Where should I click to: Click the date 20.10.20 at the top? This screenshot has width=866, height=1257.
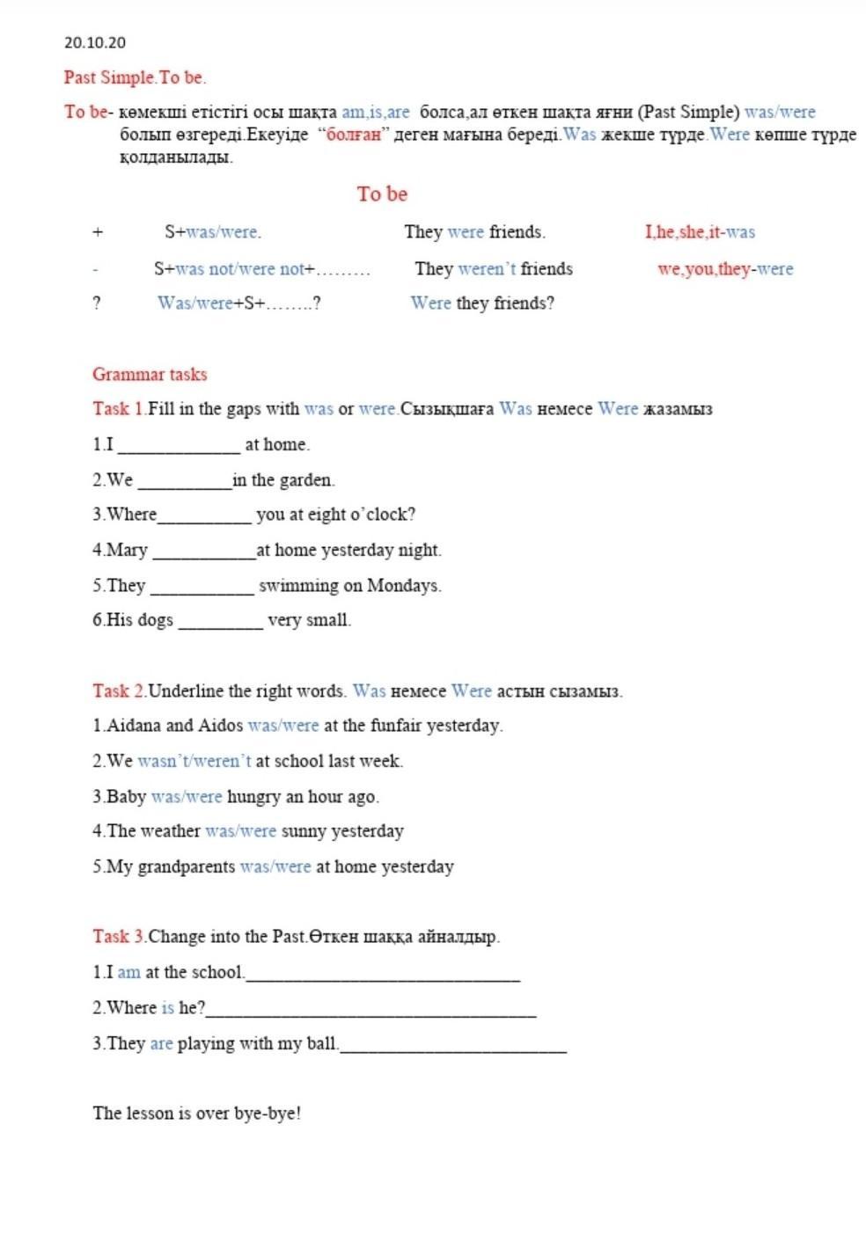point(95,42)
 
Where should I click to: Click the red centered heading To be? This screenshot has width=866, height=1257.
point(382,194)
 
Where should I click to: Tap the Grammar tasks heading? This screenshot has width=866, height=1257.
point(150,375)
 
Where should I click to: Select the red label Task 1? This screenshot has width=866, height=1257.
point(119,409)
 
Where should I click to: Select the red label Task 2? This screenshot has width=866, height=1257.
point(119,691)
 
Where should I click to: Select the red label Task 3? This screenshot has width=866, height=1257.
point(119,937)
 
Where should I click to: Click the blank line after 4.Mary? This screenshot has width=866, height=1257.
point(204,554)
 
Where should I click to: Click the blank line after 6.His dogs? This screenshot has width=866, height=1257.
point(220,624)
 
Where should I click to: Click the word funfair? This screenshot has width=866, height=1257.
point(400,726)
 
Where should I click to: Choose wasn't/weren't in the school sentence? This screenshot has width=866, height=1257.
point(194,762)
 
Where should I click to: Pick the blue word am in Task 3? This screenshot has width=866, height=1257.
point(128,973)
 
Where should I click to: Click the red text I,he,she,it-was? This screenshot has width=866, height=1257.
point(700,232)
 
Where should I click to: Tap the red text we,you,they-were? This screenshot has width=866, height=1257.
point(725,269)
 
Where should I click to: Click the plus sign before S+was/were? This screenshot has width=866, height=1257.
point(98,232)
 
